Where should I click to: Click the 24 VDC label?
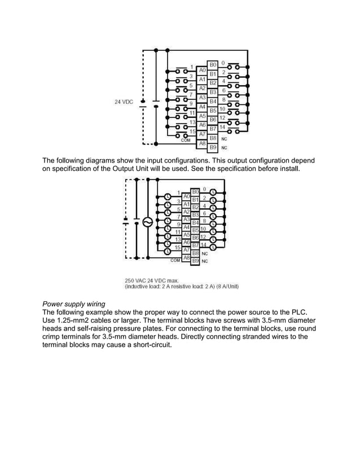[124, 102]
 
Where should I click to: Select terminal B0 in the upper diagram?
[213, 65]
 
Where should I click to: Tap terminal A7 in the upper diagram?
[202, 134]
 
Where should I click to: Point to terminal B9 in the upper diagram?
[213, 147]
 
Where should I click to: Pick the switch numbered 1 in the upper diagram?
[182, 71]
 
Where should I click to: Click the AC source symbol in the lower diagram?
[148, 222]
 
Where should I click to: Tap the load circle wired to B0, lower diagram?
[213, 192]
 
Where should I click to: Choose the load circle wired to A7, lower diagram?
[168, 252]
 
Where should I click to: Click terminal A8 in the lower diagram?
[186, 258]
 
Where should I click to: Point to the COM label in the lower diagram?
[175, 261]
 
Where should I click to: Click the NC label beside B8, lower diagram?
[205, 253]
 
